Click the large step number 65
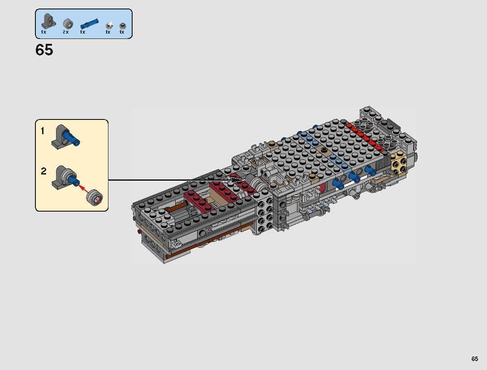click(x=44, y=50)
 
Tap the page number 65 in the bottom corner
click(x=474, y=359)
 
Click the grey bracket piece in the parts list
click(x=48, y=21)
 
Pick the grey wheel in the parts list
click(x=67, y=23)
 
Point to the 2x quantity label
click(x=66, y=32)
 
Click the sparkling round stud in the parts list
click(x=108, y=25)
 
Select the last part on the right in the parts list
click(x=122, y=26)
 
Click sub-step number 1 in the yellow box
click(x=43, y=131)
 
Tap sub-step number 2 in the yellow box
click(x=43, y=171)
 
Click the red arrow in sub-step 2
click(x=84, y=188)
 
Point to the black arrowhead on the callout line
click(x=238, y=180)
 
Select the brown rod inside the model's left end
click(x=176, y=209)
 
